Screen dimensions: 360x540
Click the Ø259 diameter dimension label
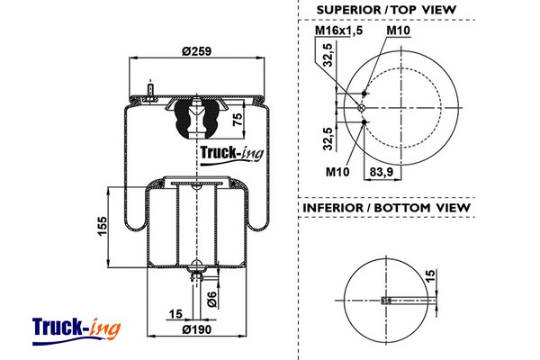coord(196,51)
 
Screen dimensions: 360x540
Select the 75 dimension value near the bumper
coord(238,121)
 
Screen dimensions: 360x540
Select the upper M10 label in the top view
coord(398,31)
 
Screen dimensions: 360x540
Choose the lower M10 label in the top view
coord(337,171)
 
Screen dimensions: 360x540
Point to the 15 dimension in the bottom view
coord(430,276)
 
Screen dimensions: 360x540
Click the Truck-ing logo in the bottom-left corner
coord(76,328)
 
